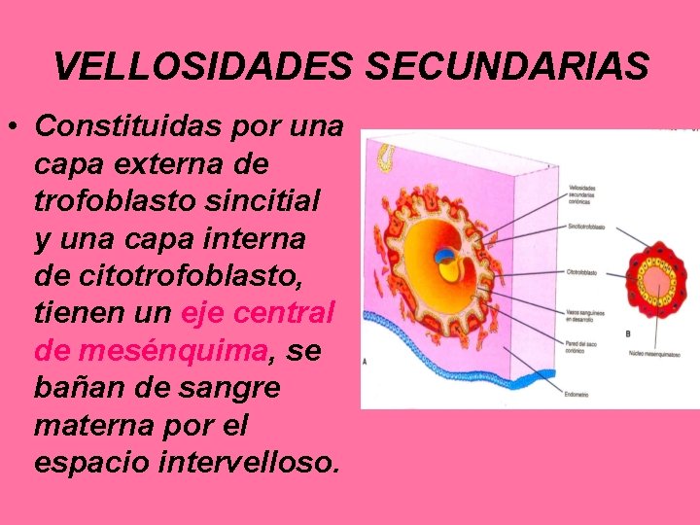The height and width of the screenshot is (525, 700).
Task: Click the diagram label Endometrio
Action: (577, 394)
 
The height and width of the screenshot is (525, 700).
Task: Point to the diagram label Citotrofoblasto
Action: (582, 273)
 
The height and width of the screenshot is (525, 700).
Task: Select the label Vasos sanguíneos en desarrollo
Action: (586, 315)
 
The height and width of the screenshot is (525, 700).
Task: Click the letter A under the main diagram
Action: (366, 361)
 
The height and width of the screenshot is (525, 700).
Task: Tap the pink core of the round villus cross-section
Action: (653, 282)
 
